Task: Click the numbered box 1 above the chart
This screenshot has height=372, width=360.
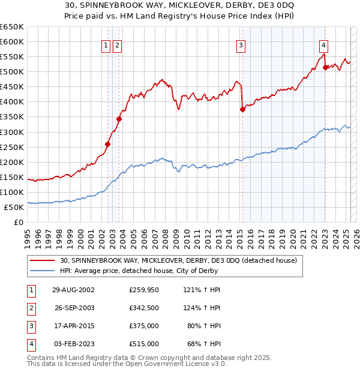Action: pos(106,44)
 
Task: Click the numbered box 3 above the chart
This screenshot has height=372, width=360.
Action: pos(241,44)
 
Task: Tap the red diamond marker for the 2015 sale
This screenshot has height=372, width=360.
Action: pos(242,109)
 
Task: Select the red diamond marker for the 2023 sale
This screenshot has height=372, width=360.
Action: pos(325,67)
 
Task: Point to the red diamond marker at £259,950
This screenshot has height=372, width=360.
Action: pos(108,144)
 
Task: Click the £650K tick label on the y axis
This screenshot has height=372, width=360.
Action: pos(12,27)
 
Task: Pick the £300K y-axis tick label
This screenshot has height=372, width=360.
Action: pos(12,132)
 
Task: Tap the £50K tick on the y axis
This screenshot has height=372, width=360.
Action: pos(14,207)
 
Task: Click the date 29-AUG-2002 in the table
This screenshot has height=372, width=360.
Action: pos(74,290)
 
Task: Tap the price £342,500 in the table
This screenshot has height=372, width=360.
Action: pos(144,308)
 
